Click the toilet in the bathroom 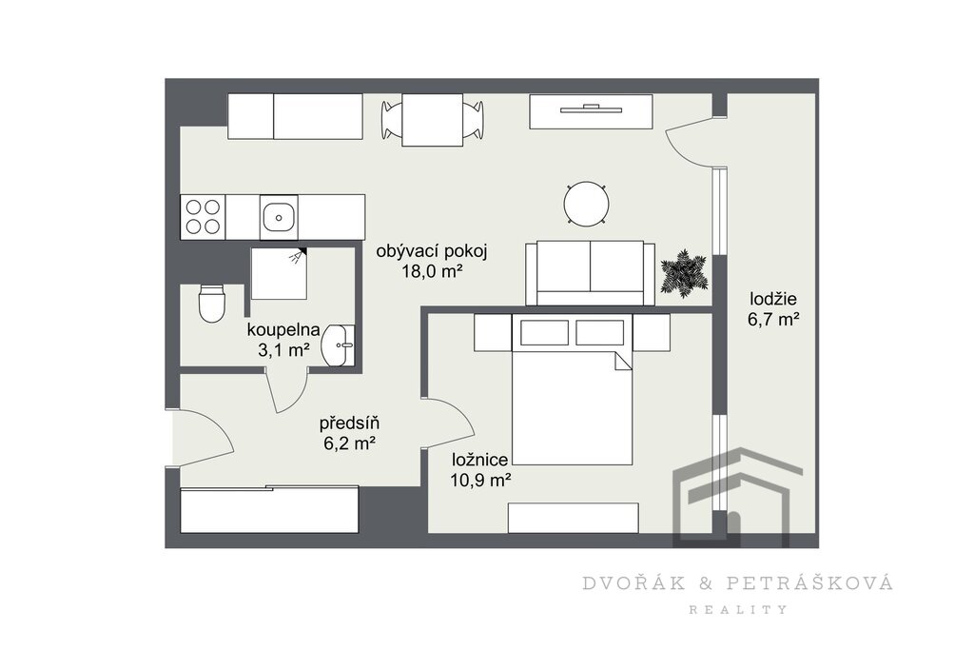point(211,304)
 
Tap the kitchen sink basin point(279,217)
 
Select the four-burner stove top point(204,217)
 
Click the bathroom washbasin point(338,345)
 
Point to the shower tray point(279,273)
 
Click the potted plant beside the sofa point(684,273)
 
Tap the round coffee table point(586,203)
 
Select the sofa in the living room point(590,273)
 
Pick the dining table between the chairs point(433,120)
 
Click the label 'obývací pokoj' point(432,251)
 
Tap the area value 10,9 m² point(481,480)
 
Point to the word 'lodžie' point(772,299)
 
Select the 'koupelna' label point(283,329)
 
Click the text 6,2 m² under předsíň point(349,443)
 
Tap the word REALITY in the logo point(738,610)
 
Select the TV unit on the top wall point(591,111)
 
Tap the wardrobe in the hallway point(269,509)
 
